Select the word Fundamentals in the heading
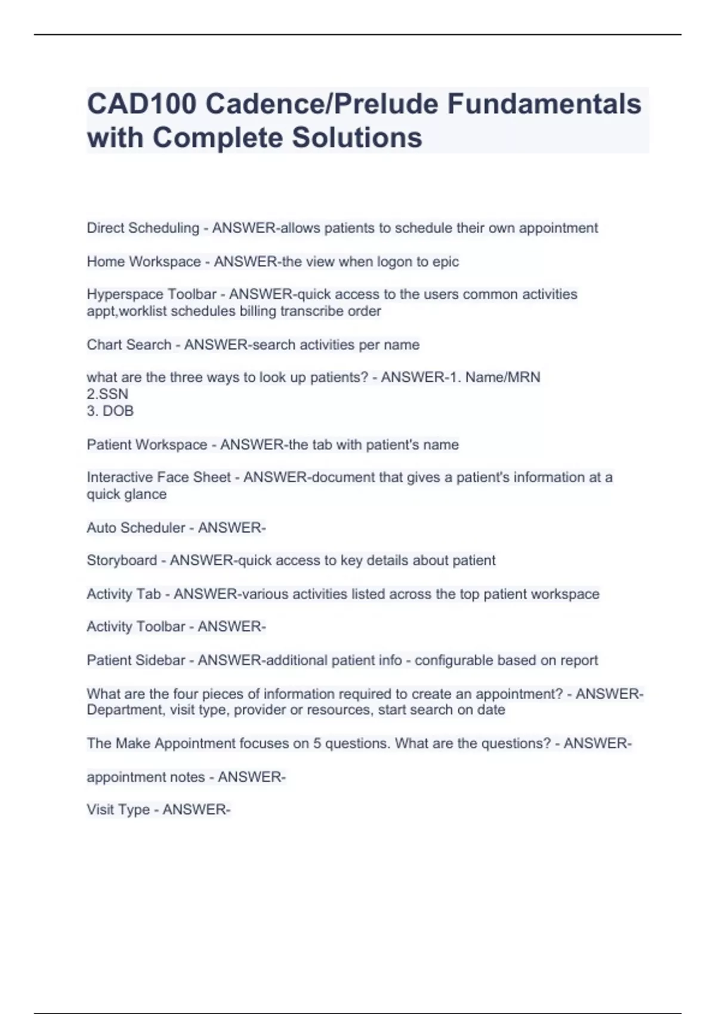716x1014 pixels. tap(544, 104)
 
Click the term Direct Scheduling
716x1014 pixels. tap(143, 228)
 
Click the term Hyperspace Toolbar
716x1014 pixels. tap(152, 295)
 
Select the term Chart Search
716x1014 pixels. tap(129, 345)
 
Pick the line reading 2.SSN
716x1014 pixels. tap(107, 394)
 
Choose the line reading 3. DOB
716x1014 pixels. tap(110, 411)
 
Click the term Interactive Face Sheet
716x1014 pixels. tap(159, 477)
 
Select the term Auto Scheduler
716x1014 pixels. tap(136, 528)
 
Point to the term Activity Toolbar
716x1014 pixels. tap(136, 627)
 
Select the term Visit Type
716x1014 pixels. tap(118, 810)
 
